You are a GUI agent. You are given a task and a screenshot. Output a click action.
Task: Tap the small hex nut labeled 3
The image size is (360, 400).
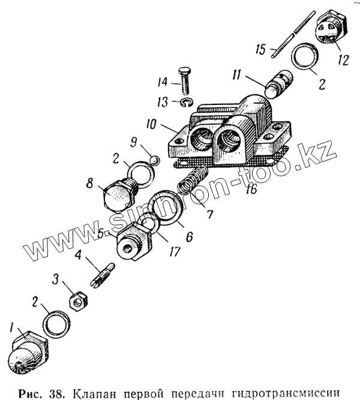tap(77, 297)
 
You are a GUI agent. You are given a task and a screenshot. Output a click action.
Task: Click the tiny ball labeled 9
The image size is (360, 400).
tap(153, 160)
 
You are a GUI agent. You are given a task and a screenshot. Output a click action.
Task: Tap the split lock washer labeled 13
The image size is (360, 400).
tap(187, 103)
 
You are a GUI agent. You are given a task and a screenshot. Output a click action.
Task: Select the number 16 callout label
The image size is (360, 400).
tap(250, 189)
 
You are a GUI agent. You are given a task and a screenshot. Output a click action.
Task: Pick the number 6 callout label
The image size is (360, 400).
tap(189, 237)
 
